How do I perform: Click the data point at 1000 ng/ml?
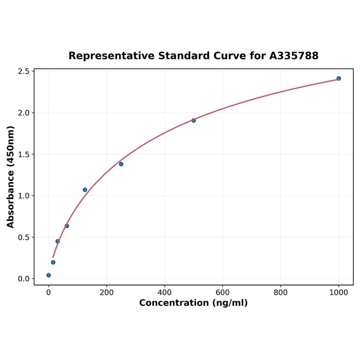338,78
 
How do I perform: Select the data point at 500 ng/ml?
194,120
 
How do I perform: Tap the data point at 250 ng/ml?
121,164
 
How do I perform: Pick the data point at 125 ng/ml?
85,190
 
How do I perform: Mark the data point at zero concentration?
49,275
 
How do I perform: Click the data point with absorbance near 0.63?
67,226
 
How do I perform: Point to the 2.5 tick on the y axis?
24,72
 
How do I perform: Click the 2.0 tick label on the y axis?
24,113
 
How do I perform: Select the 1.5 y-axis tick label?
24,155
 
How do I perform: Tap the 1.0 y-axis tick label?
24,196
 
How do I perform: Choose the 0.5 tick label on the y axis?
24,237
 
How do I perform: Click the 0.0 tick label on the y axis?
24,279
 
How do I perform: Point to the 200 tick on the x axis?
106,292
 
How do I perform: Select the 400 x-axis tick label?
164,292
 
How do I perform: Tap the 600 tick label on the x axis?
222,292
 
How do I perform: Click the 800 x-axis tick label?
281,292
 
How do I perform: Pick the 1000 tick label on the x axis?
338,292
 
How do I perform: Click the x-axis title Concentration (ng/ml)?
193,303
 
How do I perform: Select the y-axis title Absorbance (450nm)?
11,177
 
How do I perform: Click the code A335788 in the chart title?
294,56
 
